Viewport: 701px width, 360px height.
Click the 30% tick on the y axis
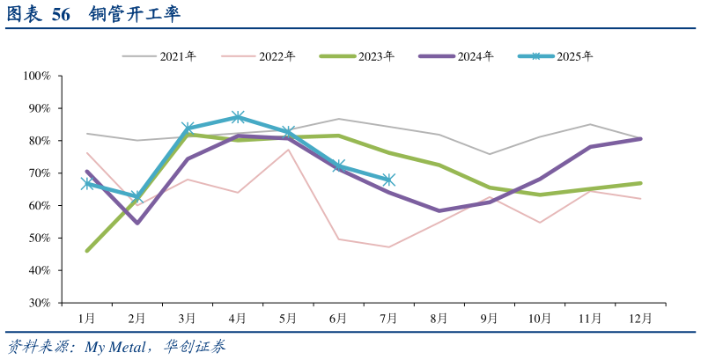[40, 303]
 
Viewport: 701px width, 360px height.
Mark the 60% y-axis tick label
[40, 206]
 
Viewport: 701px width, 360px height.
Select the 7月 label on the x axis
[388, 318]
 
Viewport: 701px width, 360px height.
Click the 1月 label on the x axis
[86, 318]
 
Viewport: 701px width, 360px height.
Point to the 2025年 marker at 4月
[238, 117]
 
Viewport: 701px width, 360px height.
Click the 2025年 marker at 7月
[388, 180]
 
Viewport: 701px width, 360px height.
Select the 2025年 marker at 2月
[137, 195]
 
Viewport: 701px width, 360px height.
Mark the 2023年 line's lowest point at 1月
[86, 251]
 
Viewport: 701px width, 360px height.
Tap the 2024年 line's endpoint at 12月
[640, 138]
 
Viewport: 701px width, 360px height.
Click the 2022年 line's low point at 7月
[388, 247]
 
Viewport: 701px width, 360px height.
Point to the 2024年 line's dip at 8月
[439, 211]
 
